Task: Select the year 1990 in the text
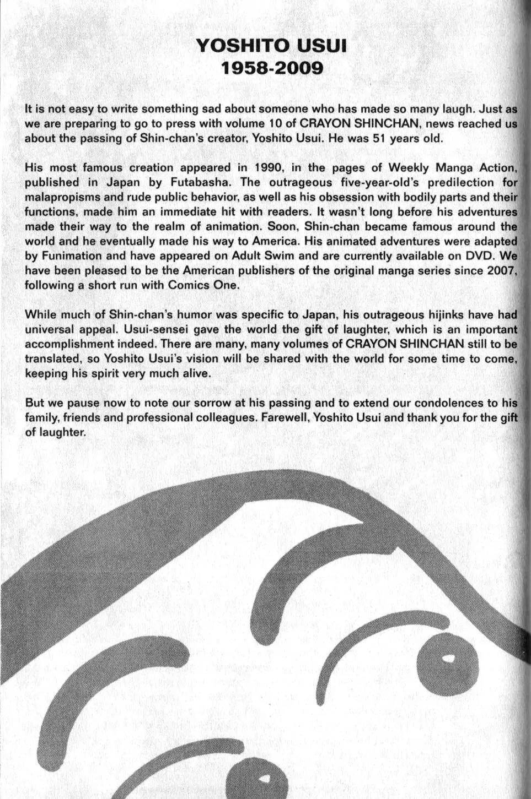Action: (x=269, y=167)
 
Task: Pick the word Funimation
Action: (x=71, y=256)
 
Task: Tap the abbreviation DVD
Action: (x=478, y=256)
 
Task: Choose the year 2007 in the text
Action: (x=501, y=270)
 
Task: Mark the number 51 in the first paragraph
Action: (x=378, y=138)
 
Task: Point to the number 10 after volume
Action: (x=276, y=123)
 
